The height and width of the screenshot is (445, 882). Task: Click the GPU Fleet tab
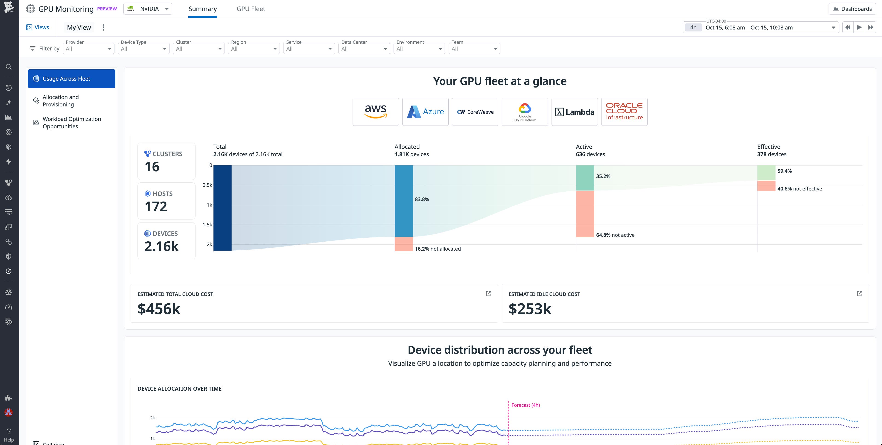[x=251, y=9]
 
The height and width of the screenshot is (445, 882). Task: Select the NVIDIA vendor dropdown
[x=148, y=9]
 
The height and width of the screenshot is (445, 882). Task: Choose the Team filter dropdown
[x=474, y=49]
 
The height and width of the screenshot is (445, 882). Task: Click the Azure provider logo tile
[x=425, y=112]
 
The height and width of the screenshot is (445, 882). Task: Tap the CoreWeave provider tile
[x=475, y=112]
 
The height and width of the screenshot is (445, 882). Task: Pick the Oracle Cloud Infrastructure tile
[x=624, y=112]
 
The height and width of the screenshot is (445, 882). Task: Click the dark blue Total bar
[x=222, y=208]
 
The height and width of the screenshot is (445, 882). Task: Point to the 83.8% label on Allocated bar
[x=422, y=199]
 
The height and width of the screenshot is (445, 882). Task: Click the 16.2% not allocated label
[x=438, y=249]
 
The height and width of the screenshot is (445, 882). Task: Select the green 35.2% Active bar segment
[x=585, y=178]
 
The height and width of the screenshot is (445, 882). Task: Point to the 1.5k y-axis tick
[x=207, y=225]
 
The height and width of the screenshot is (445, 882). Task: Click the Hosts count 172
[x=156, y=207]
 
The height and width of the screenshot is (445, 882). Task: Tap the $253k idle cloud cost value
[x=530, y=309]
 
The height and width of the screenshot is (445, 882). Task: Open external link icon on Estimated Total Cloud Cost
[x=488, y=294]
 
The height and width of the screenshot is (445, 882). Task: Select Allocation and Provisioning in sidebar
[x=61, y=101]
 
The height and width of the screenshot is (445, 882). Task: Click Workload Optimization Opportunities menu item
[x=72, y=123]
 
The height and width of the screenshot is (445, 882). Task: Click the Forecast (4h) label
[x=525, y=405]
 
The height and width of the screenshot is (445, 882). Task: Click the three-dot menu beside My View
[x=103, y=27]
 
